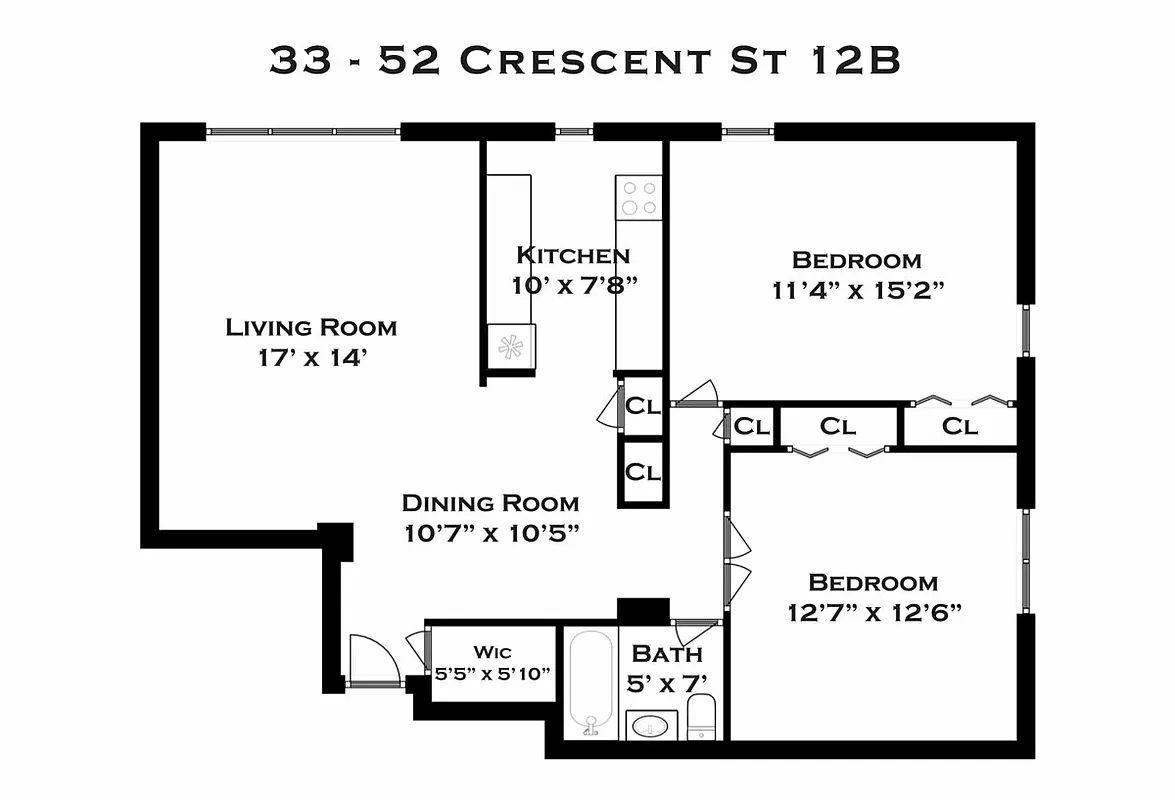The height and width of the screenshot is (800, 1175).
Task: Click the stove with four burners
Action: pyautogui.click(x=639, y=197)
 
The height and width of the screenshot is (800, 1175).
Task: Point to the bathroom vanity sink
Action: pyautogui.click(x=651, y=725)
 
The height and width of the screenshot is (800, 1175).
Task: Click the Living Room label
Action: pyautogui.click(x=311, y=327)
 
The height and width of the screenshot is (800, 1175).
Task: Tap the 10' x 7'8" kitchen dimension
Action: pyautogui.click(x=574, y=284)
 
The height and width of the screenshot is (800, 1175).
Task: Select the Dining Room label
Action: pyautogui.click(x=490, y=503)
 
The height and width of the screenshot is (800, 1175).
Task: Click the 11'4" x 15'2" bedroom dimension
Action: pyautogui.click(x=858, y=290)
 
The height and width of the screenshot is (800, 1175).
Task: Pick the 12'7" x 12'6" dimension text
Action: pyautogui.click(x=874, y=612)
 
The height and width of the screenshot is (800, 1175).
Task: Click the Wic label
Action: pyautogui.click(x=492, y=652)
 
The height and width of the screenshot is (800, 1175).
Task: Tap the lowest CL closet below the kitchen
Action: pyautogui.click(x=642, y=472)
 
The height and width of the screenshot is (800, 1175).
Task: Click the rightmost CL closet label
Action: pyautogui.click(x=960, y=427)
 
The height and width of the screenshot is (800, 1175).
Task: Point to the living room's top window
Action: pyautogui.click(x=303, y=131)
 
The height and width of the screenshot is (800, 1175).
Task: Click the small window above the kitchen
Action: pyautogui.click(x=573, y=131)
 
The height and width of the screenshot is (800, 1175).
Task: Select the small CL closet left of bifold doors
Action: pyautogui.click(x=751, y=427)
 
